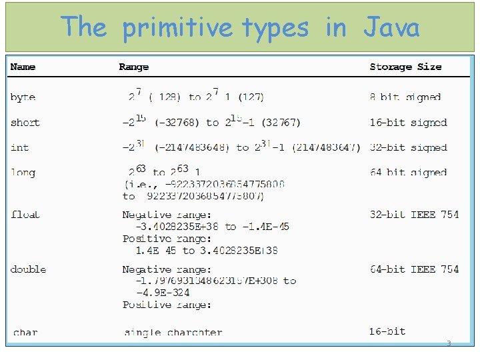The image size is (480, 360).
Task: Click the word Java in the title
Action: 391,28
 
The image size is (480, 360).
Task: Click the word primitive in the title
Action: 178,28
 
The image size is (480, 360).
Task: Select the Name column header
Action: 23,67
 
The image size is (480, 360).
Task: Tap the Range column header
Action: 134,67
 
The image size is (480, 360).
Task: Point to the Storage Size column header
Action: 405,67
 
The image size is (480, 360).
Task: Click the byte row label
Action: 23,97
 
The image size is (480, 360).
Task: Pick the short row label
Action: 25,123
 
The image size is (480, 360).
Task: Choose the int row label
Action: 20,147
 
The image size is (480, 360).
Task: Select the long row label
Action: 23,173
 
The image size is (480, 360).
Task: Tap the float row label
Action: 25,215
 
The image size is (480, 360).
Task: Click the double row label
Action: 29,269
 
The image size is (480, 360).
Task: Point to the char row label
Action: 25,332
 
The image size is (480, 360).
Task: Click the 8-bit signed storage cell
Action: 405,97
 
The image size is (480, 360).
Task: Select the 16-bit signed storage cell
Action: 408,123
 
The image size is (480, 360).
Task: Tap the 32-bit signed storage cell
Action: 408,147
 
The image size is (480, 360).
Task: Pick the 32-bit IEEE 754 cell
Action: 414,215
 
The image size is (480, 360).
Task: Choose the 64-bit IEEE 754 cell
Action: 414,269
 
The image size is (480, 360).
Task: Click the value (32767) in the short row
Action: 281,123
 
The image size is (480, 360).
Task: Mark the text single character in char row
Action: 173,332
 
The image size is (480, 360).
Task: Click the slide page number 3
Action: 449,344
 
